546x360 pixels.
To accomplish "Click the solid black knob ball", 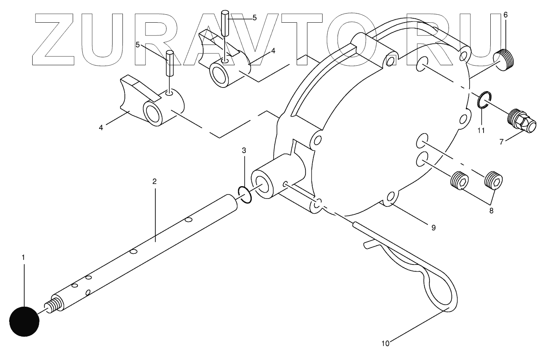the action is point(24,321).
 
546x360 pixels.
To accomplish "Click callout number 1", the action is point(23,257).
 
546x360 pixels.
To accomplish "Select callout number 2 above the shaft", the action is point(155,181).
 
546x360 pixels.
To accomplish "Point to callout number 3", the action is point(244,150).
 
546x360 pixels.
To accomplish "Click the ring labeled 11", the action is point(482,100).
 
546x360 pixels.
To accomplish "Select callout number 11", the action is point(481,130).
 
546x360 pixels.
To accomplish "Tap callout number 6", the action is point(505,15).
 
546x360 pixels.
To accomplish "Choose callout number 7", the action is point(501,142).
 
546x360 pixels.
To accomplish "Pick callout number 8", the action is point(491,211).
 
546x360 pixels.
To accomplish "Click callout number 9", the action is point(433,228).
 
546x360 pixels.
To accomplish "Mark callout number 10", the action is point(385,342).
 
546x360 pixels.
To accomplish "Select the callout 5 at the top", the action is point(255,18).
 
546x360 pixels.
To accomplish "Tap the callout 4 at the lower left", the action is point(101,127).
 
